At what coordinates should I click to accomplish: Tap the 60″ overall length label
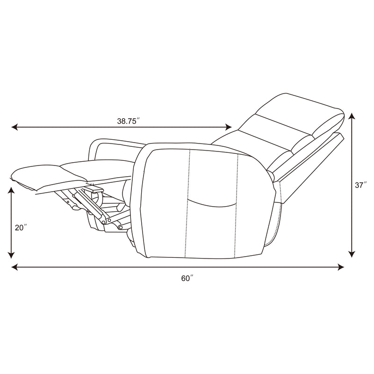pos(187,278)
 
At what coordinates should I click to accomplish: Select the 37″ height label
pos(360,185)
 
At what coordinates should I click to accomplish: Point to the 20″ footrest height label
pos(21,228)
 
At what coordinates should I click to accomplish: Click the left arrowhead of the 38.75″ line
pos(14,127)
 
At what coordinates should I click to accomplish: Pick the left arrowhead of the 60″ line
pos(14,267)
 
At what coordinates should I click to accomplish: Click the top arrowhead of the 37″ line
pos(352,115)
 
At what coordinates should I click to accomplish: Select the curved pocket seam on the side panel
pos(213,202)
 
